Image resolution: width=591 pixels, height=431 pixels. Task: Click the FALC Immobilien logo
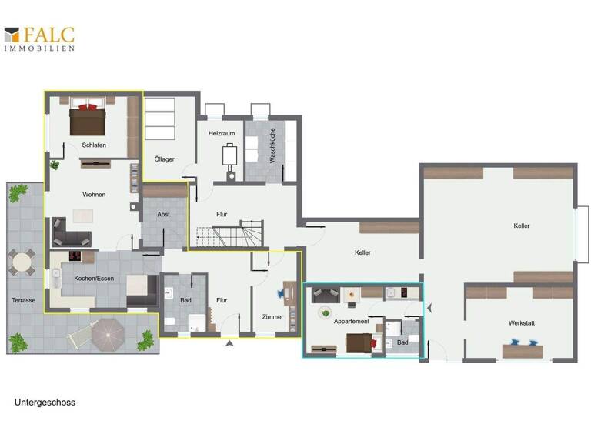click(39, 38)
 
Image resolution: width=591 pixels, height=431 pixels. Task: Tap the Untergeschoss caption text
click(45, 402)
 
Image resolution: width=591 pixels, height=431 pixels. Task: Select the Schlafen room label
click(93, 145)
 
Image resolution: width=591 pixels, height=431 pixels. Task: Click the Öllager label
click(164, 159)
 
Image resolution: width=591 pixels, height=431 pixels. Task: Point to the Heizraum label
click(221, 133)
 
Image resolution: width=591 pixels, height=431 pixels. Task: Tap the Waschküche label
click(272, 149)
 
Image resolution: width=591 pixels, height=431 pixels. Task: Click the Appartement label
click(352, 321)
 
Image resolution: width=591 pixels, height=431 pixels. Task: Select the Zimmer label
click(272, 316)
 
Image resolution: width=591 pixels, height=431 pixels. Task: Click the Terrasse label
click(23, 300)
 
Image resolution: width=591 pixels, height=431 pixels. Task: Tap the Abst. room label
click(163, 214)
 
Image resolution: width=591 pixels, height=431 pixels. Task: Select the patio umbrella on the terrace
click(106, 333)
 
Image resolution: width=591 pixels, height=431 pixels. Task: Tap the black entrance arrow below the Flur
click(229, 344)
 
